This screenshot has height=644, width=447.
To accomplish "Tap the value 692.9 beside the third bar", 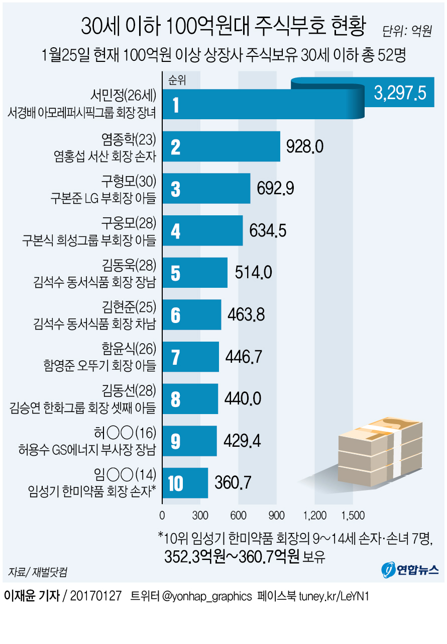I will coord(275,188).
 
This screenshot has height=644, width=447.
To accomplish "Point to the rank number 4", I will coord(175,231).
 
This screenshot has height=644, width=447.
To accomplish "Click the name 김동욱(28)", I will coord(130,265).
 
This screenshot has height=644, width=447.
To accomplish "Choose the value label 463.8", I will coord(246,314).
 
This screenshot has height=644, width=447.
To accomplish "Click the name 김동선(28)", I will coord(130,390).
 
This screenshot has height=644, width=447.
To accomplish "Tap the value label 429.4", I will coord(242,441).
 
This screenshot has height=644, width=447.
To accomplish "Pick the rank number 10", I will coord(175,484).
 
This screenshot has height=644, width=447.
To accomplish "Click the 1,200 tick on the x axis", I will coord(315,515).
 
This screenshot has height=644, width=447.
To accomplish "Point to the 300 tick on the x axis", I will coord(200,515).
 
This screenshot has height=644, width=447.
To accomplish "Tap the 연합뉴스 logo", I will coord(410,570).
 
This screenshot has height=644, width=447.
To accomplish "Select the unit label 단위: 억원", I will coord(407,32).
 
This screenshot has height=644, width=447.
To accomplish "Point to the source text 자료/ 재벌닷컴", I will coord(38,572).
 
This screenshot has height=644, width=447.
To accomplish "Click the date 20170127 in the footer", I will coord(96,596).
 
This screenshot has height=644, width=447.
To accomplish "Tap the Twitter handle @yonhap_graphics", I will coord(207,596).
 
